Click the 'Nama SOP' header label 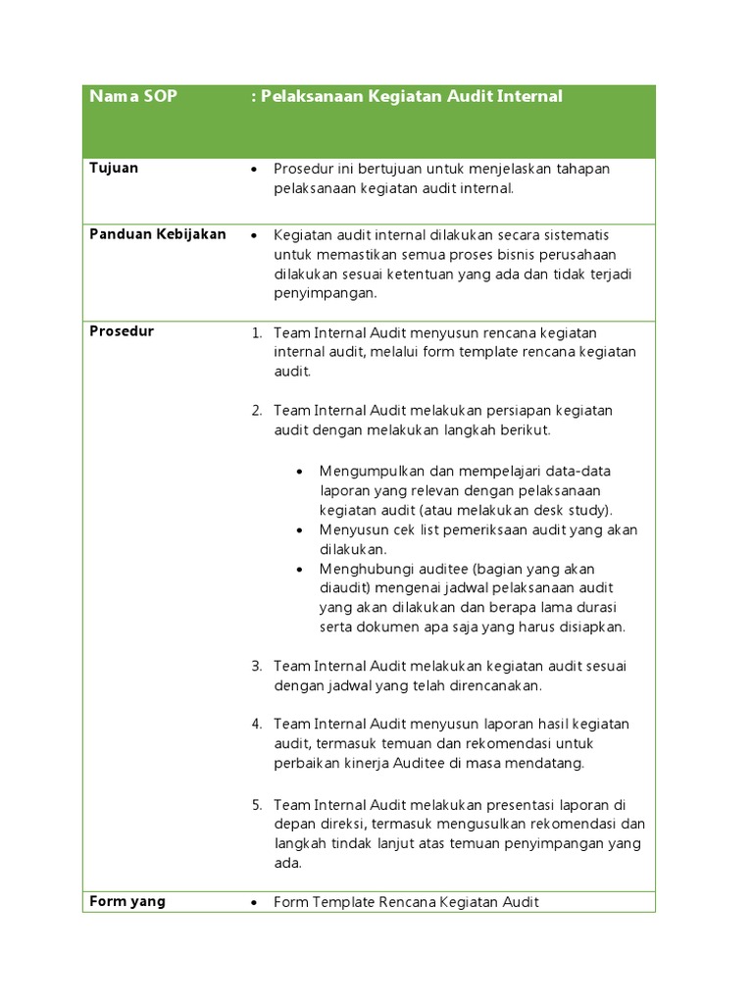click(x=133, y=97)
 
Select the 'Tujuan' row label click(x=114, y=168)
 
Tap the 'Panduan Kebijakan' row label click(x=158, y=234)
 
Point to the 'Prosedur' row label click(x=122, y=331)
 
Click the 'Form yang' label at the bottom click(x=127, y=901)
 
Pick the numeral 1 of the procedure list click(x=256, y=333)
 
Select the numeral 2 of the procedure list click(x=256, y=411)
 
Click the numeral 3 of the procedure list click(x=256, y=667)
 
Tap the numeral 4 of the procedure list click(x=256, y=725)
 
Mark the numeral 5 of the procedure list click(x=256, y=805)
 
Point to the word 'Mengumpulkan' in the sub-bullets click(x=369, y=472)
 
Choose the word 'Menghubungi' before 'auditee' click(x=363, y=570)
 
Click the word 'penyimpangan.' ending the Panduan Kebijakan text click(x=326, y=294)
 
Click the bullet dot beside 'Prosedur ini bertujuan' click(x=254, y=170)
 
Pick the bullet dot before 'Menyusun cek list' click(x=300, y=530)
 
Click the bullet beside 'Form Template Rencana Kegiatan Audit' click(x=254, y=903)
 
